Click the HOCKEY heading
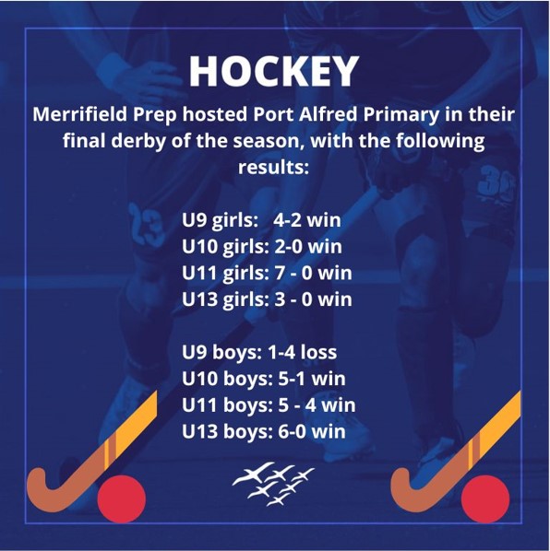click(274, 71)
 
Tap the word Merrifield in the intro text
click(80, 114)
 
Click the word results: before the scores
click(274, 168)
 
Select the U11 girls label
click(225, 274)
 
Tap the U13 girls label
click(225, 300)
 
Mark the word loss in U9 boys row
click(318, 353)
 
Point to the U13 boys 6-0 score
click(292, 432)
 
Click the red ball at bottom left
click(122, 499)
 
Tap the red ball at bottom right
click(485, 499)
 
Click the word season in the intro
click(269, 141)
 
